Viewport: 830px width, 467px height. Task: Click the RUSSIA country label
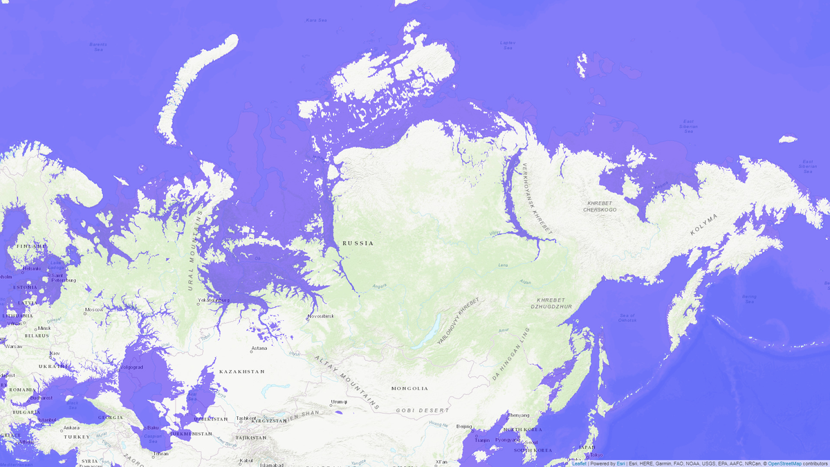click(x=358, y=243)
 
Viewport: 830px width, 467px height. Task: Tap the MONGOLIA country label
click(x=409, y=388)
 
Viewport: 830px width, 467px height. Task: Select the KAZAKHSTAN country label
click(x=242, y=372)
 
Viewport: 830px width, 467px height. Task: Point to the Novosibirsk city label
click(x=322, y=316)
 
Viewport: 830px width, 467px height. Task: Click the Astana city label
click(x=259, y=348)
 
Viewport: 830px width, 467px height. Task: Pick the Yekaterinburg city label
click(x=213, y=300)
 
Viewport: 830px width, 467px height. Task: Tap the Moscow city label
click(x=94, y=309)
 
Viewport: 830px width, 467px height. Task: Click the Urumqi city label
click(x=338, y=401)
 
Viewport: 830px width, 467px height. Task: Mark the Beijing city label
click(x=465, y=426)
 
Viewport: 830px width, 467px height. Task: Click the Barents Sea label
click(x=98, y=47)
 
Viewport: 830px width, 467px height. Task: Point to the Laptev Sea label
click(x=508, y=45)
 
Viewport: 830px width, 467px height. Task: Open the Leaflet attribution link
click(x=579, y=463)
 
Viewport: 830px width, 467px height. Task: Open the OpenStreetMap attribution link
click(x=784, y=463)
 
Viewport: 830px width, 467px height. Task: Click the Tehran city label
click(x=160, y=453)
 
